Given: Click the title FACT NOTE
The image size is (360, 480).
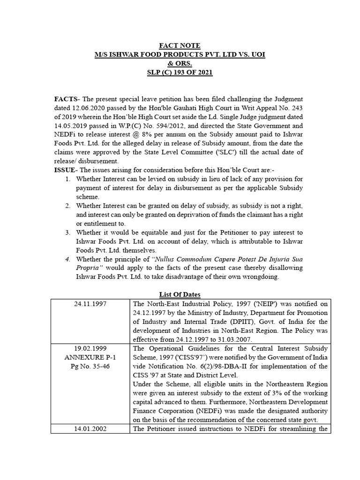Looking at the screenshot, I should [x=180, y=45].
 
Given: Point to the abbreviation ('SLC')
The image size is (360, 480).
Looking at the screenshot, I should [x=257, y=152].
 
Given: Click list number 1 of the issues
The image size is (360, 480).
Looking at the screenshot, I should [x=67, y=179].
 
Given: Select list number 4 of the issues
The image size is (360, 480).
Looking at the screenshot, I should [x=67, y=259].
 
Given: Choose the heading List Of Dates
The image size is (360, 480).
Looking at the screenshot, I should [x=180, y=294].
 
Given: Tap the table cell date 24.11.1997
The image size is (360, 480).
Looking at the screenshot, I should [x=90, y=304].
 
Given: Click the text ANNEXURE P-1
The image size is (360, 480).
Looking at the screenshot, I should [x=90, y=358].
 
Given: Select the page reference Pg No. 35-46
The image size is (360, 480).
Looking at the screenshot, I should [x=90, y=367].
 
